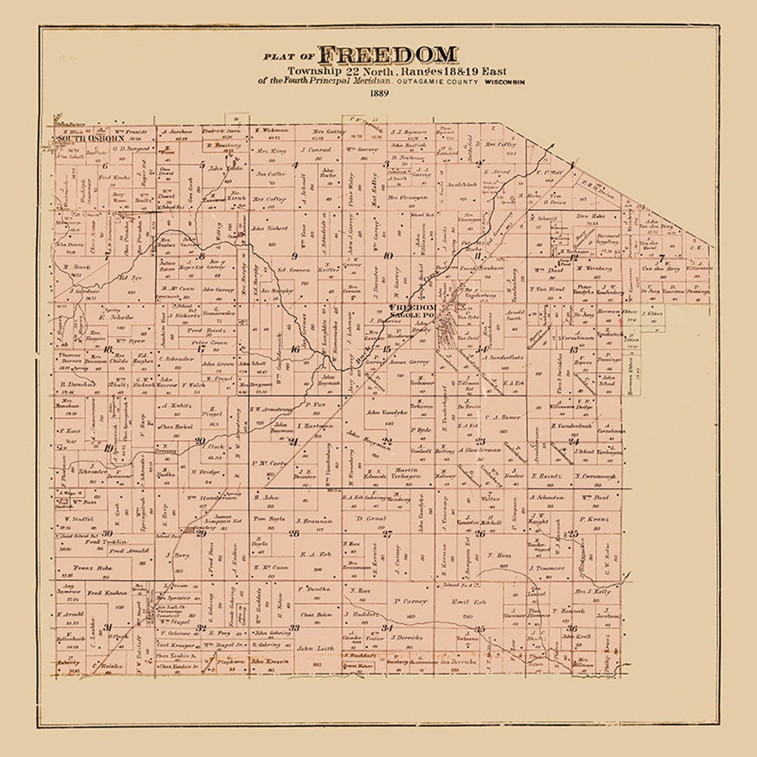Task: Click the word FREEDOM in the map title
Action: coord(388,55)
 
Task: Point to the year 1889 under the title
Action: coord(379,93)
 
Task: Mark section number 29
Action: coord(201,533)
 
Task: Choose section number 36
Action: coord(572,628)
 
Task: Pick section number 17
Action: coord(200,348)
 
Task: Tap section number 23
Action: coord(481,441)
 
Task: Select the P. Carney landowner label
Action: coord(406,601)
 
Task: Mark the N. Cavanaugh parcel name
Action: coord(594,477)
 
